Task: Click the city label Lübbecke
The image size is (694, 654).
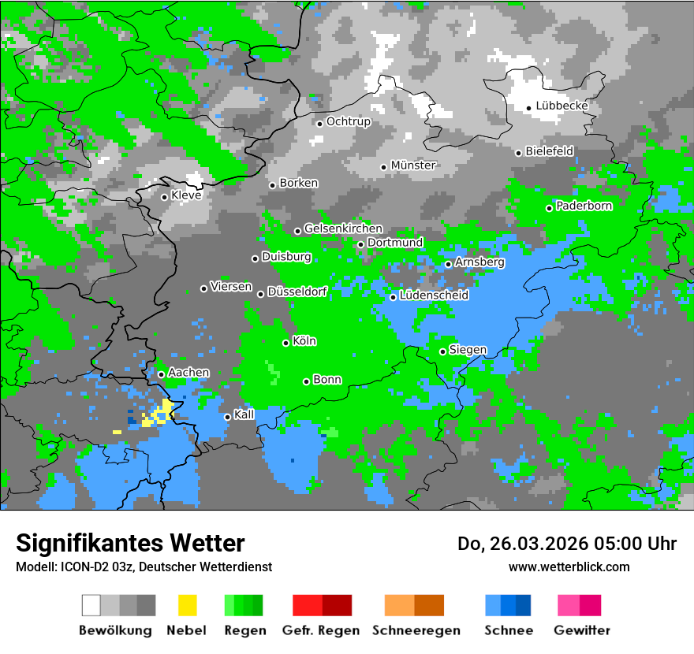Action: click(x=562, y=106)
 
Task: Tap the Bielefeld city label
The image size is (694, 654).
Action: click(x=550, y=150)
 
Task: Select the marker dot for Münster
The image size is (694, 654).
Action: click(x=383, y=167)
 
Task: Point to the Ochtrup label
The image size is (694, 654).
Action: click(x=349, y=121)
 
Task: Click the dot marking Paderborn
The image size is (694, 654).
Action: click(x=549, y=208)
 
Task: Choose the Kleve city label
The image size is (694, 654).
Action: click(x=186, y=195)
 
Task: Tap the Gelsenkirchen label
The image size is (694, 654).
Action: click(x=343, y=229)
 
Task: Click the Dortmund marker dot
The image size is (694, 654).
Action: click(x=360, y=244)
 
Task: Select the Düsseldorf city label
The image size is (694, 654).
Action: click(x=297, y=292)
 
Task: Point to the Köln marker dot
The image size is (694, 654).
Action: click(x=285, y=343)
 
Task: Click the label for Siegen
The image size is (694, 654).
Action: click(x=468, y=350)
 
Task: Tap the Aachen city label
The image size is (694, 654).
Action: click(x=188, y=372)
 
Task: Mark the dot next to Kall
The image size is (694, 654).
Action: click(x=227, y=417)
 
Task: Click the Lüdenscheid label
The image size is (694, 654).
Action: click(x=434, y=295)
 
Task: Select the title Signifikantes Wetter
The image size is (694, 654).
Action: click(x=130, y=543)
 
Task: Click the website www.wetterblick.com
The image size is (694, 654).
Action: click(x=569, y=567)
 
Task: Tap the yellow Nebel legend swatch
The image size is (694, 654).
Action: click(x=187, y=605)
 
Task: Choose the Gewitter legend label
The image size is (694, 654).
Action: click(x=582, y=630)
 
